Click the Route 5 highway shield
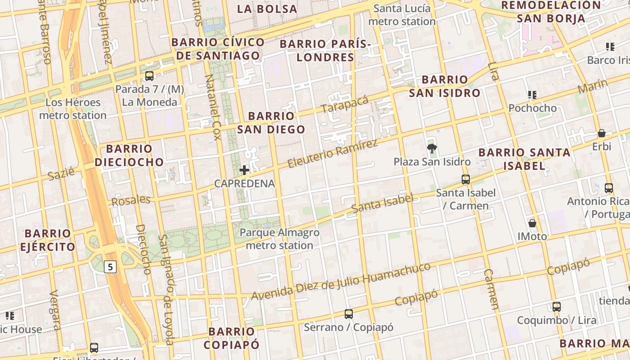coord(110,267)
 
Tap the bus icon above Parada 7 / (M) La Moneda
coord(149,76)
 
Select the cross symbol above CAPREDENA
coord(244,170)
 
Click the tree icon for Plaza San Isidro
coord(432,148)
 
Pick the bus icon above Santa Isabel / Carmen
coord(466,180)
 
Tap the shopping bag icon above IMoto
coord(532,223)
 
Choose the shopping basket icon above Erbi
coord(601,133)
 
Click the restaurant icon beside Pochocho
coord(532,95)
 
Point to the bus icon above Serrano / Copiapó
coord(348,314)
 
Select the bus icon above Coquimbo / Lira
coord(557,307)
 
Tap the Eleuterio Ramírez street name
coord(332,154)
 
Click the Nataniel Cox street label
coord(213,107)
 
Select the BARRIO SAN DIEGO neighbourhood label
coord(271,123)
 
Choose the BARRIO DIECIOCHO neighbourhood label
coord(129,155)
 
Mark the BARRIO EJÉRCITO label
coord(47,240)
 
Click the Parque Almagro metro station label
coord(279,239)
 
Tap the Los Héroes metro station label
coord(73,109)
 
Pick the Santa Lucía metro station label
coord(402,15)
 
